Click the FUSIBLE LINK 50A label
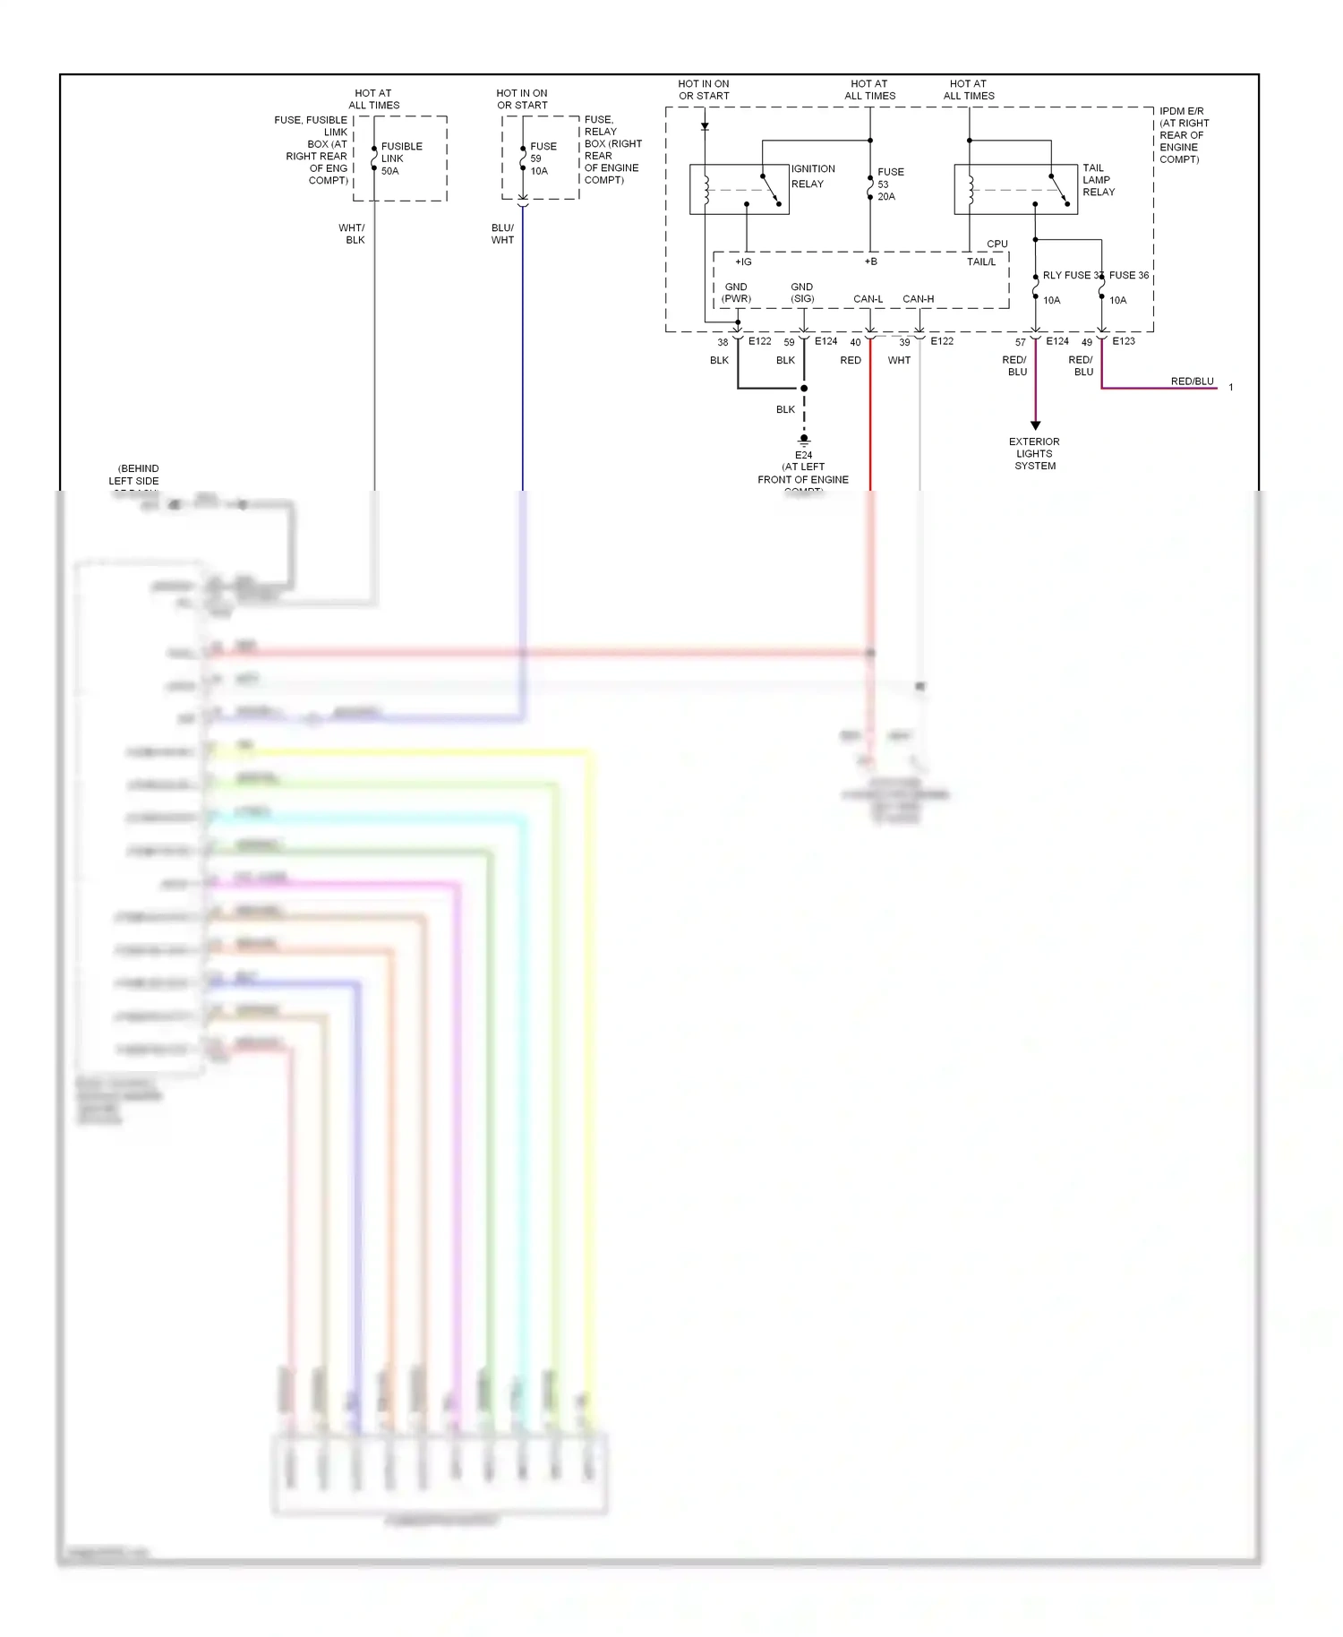(x=401, y=159)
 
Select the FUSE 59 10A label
(x=543, y=159)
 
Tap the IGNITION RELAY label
(x=812, y=176)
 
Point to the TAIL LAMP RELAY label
(x=1099, y=180)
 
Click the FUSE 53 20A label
(x=890, y=184)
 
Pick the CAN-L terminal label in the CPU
(x=868, y=299)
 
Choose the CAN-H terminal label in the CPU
(x=918, y=299)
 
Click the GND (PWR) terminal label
(x=736, y=293)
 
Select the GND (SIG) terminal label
(x=802, y=293)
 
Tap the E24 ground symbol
(x=804, y=441)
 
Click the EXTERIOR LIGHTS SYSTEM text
(x=1034, y=453)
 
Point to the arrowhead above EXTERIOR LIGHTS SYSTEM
(x=1035, y=425)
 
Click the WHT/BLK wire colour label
(x=352, y=234)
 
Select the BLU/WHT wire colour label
(x=502, y=234)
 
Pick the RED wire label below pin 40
(x=851, y=360)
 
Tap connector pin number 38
(x=723, y=342)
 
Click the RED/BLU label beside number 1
(x=1192, y=381)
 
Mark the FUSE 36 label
(x=1128, y=275)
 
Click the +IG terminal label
(x=743, y=262)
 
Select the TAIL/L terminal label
(x=980, y=262)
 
